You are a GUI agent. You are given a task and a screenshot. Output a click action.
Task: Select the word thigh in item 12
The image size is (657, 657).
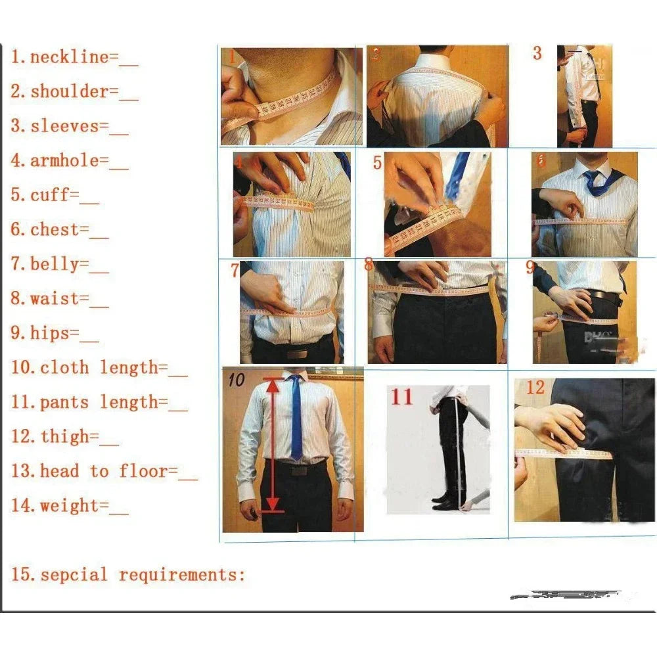click(x=64, y=437)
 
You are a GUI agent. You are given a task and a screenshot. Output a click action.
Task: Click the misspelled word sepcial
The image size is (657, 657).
click(x=73, y=575)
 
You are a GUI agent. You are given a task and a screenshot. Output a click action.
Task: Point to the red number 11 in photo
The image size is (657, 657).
click(x=402, y=397)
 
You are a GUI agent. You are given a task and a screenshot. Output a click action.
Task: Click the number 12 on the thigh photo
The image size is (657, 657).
click(x=535, y=388)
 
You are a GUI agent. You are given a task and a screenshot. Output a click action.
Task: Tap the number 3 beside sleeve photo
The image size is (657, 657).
click(x=537, y=53)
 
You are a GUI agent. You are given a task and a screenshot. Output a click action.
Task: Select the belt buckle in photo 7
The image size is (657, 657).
click(x=297, y=353)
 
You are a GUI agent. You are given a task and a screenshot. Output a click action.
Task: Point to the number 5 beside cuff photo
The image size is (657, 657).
click(x=377, y=162)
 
